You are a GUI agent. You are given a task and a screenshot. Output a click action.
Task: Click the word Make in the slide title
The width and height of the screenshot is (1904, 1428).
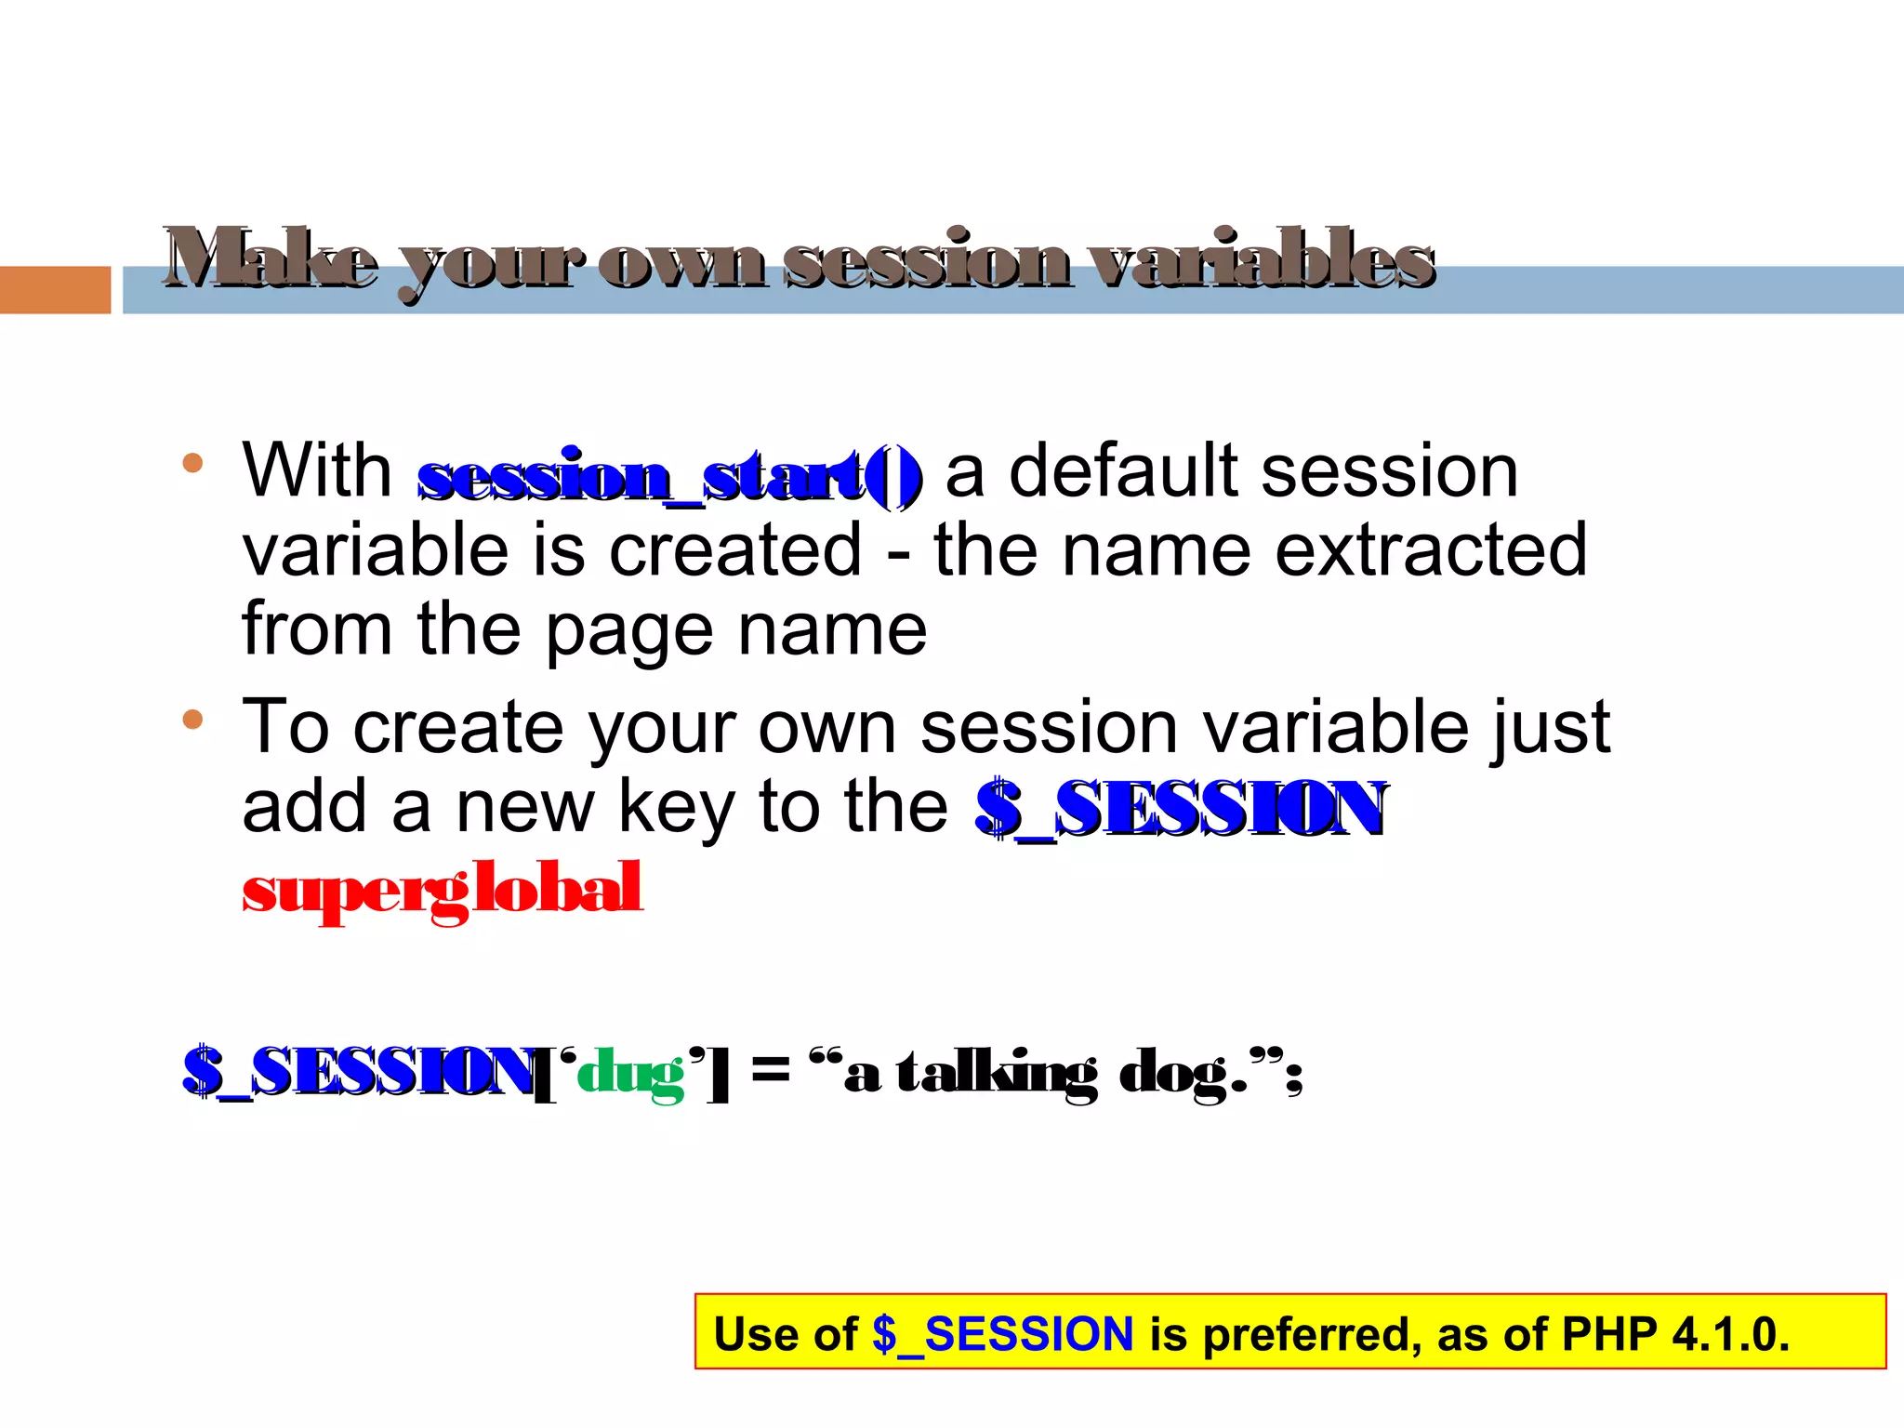(270, 258)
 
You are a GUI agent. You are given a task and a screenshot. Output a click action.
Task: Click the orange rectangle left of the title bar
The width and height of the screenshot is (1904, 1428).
(55, 290)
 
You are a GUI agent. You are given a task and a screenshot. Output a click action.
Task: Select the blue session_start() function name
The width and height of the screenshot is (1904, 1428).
(669, 476)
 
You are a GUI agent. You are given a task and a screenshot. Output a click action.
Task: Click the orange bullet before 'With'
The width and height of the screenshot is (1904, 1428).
(192, 463)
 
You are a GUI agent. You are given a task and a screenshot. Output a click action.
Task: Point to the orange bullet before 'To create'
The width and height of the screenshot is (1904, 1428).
(192, 719)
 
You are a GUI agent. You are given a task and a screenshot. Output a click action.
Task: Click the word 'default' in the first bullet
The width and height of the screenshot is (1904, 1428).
(1125, 471)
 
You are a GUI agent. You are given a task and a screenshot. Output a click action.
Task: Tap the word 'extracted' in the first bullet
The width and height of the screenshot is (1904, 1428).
(1431, 550)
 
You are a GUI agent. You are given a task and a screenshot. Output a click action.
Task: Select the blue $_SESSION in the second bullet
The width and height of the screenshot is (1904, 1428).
(1181, 807)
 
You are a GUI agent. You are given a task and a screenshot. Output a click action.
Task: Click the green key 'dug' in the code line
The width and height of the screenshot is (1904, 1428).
(631, 1074)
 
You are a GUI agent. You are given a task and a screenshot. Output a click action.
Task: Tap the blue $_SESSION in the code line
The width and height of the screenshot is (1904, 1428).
(358, 1072)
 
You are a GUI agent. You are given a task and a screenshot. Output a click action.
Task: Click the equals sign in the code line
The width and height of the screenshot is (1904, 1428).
(770, 1068)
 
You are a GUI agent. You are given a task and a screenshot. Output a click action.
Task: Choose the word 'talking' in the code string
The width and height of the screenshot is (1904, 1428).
(996, 1074)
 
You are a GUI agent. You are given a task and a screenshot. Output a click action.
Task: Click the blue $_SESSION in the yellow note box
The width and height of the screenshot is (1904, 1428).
(1003, 1334)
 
